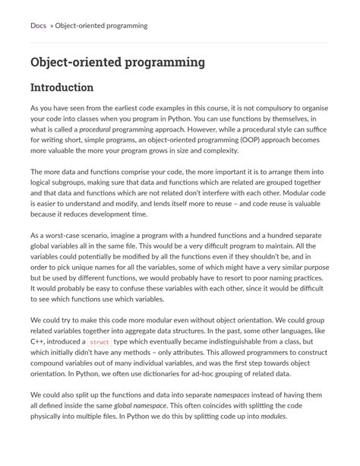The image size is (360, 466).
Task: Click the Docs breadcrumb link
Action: [39, 26]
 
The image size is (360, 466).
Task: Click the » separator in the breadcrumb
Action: [52, 26]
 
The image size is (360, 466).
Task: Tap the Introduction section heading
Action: [62, 88]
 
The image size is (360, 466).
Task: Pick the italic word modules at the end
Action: [273, 417]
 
